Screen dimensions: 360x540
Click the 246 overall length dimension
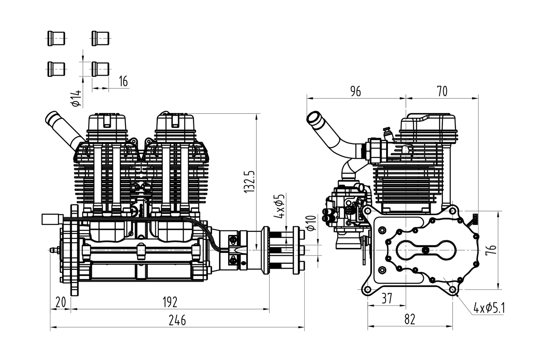(177, 320)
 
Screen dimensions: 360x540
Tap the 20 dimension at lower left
(60, 301)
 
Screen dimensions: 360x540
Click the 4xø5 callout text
(279, 206)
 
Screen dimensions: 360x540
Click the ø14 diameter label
(76, 98)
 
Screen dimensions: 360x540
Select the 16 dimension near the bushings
(123, 81)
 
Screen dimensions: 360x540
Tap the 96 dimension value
(355, 91)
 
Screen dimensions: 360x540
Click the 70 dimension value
(442, 91)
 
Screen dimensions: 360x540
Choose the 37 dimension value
(387, 298)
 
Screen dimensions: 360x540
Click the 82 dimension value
(409, 319)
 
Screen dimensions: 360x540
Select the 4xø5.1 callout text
(489, 308)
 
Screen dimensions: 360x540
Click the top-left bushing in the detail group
(56, 38)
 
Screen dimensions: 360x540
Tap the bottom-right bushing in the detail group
(100, 69)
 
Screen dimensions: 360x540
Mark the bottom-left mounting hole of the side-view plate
(368, 290)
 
